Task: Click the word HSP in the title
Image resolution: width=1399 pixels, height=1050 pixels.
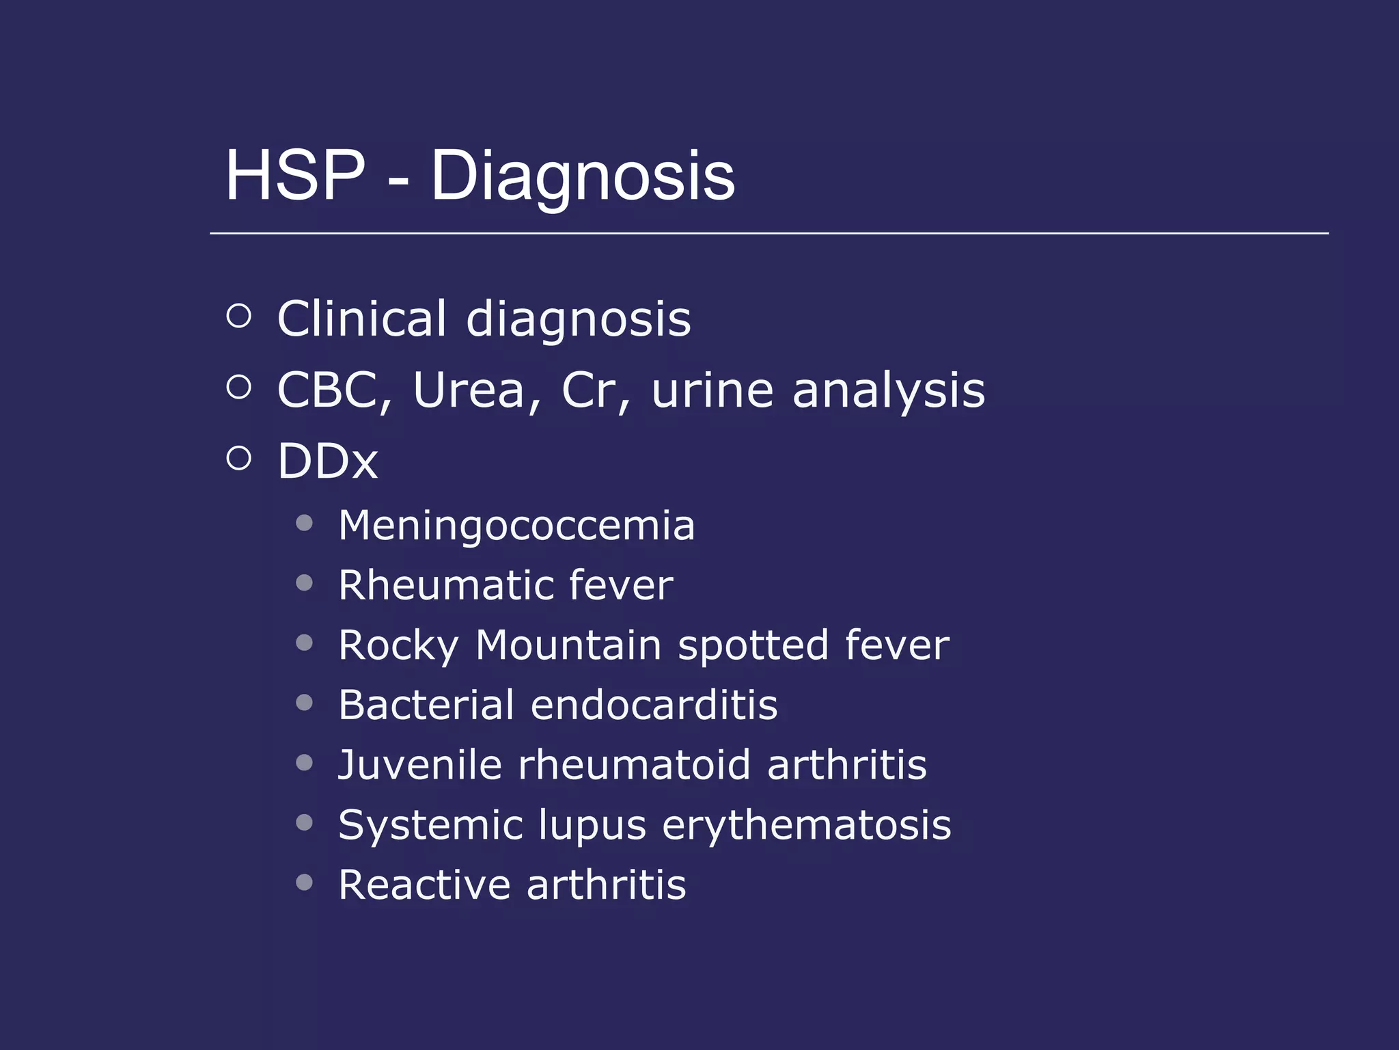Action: click(295, 176)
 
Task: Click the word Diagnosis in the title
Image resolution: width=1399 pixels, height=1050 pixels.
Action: click(583, 177)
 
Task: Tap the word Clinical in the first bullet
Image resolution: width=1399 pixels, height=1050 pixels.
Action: click(362, 319)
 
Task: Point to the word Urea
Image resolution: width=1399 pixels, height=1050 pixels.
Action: click(469, 390)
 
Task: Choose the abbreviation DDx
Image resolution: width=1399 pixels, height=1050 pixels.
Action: click(327, 461)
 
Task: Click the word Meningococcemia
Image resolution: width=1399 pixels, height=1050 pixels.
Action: click(516, 526)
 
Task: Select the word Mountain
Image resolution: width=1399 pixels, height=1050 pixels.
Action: click(568, 645)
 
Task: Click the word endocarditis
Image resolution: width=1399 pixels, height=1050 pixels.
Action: click(654, 705)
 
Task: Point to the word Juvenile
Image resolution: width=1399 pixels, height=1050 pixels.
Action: click(420, 764)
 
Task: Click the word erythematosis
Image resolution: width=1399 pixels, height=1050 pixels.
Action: click(806, 825)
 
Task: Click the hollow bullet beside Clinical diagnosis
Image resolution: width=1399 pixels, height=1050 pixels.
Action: click(239, 316)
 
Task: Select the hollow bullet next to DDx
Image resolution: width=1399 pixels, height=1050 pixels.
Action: click(239, 458)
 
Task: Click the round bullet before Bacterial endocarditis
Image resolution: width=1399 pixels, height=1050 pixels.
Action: click(305, 703)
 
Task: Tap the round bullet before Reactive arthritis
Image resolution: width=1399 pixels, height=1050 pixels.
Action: click(305, 883)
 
